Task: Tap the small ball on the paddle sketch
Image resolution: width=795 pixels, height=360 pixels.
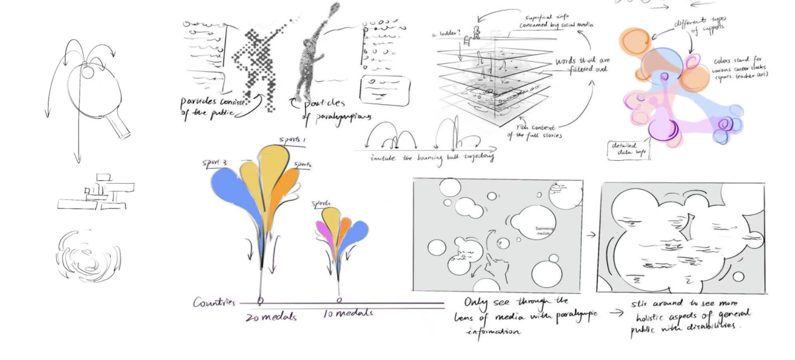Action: click(87, 72)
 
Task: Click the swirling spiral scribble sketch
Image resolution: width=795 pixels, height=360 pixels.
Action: click(88, 256)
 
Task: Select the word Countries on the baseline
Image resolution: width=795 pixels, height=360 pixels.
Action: click(214, 302)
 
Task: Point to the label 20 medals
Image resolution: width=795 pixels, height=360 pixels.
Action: click(271, 317)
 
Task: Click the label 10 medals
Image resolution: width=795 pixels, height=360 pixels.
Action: click(348, 313)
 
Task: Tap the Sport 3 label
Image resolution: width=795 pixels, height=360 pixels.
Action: click(215, 163)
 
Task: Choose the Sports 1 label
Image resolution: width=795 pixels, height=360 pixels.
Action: click(292, 139)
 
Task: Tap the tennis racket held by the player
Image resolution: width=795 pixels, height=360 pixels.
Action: click(333, 10)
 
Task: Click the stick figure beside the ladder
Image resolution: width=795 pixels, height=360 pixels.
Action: click(476, 32)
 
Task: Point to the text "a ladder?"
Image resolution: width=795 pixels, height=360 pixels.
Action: click(446, 33)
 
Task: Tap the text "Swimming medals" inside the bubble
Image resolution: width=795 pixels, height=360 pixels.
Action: click(544, 230)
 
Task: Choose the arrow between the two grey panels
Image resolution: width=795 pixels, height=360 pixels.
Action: click(592, 235)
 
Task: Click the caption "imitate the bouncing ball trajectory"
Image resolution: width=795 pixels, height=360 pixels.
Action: click(431, 158)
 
